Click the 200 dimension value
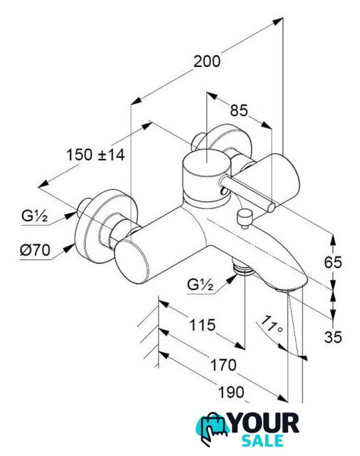207,62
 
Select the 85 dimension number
239,110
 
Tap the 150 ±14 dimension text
96,155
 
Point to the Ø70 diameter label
35,250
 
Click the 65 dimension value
333,263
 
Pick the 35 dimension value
333,337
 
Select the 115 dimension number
202,325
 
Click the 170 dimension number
223,366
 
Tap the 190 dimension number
232,393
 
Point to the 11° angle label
271,325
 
